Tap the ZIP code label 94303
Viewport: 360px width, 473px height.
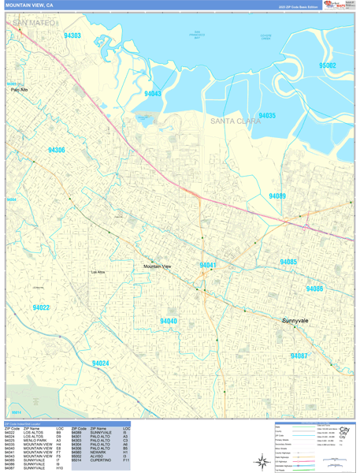click(x=72, y=35)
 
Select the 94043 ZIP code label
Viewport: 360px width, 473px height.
click(x=153, y=94)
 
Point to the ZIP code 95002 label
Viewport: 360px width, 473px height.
click(x=327, y=66)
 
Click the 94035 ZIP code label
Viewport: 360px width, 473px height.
click(x=267, y=116)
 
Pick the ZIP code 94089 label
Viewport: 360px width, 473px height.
click(x=277, y=196)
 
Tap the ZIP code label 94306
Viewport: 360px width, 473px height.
click(x=56, y=150)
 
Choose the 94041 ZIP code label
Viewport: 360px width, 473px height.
click(x=208, y=266)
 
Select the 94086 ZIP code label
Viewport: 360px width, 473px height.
click(x=314, y=289)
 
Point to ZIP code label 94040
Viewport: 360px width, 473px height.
click(x=168, y=321)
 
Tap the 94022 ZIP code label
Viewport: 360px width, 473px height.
click(x=41, y=307)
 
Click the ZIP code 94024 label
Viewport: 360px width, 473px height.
click(x=100, y=363)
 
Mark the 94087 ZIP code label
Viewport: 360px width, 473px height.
click(x=299, y=356)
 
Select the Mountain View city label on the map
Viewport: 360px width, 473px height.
click(x=157, y=267)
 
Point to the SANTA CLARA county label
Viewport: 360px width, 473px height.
click(x=236, y=121)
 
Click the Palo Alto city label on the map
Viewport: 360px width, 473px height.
click(x=19, y=90)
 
